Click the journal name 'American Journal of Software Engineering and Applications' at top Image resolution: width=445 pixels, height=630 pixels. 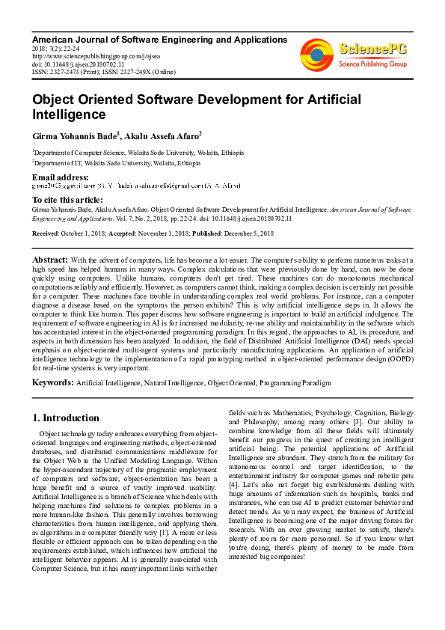tap(159, 40)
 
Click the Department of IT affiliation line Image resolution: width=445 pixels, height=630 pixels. tap(117, 162)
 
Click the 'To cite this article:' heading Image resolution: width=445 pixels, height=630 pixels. tap(68, 200)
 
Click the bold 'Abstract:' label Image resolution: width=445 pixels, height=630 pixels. tap(49, 259)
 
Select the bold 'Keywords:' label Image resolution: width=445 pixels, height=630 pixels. tap(52, 382)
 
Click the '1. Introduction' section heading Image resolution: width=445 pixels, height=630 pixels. tap(66, 418)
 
